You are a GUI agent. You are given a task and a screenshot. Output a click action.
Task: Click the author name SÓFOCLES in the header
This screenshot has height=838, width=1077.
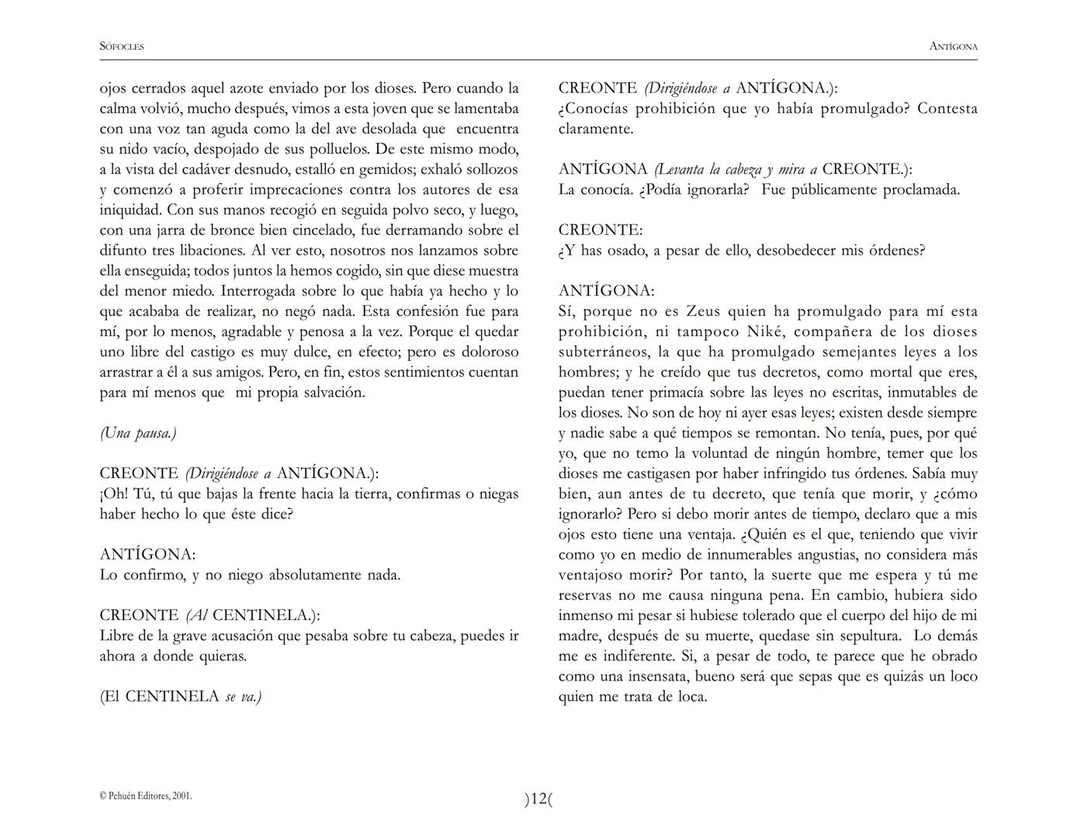pos(122,47)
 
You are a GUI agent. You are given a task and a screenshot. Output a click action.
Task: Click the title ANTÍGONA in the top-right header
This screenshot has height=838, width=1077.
pos(953,47)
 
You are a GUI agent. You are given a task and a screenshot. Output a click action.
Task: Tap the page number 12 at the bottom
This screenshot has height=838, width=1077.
pos(538,798)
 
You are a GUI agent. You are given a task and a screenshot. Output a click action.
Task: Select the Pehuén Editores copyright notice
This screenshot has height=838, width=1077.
pos(146,795)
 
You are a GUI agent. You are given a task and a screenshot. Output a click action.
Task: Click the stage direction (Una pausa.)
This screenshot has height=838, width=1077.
pos(138,433)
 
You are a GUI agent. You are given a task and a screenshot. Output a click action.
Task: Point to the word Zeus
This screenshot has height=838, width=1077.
pos(703,312)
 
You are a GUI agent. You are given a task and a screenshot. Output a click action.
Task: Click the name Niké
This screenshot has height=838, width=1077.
pos(764,332)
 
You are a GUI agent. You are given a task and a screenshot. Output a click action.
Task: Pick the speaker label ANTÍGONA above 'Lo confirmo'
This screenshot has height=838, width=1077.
pos(147,555)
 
